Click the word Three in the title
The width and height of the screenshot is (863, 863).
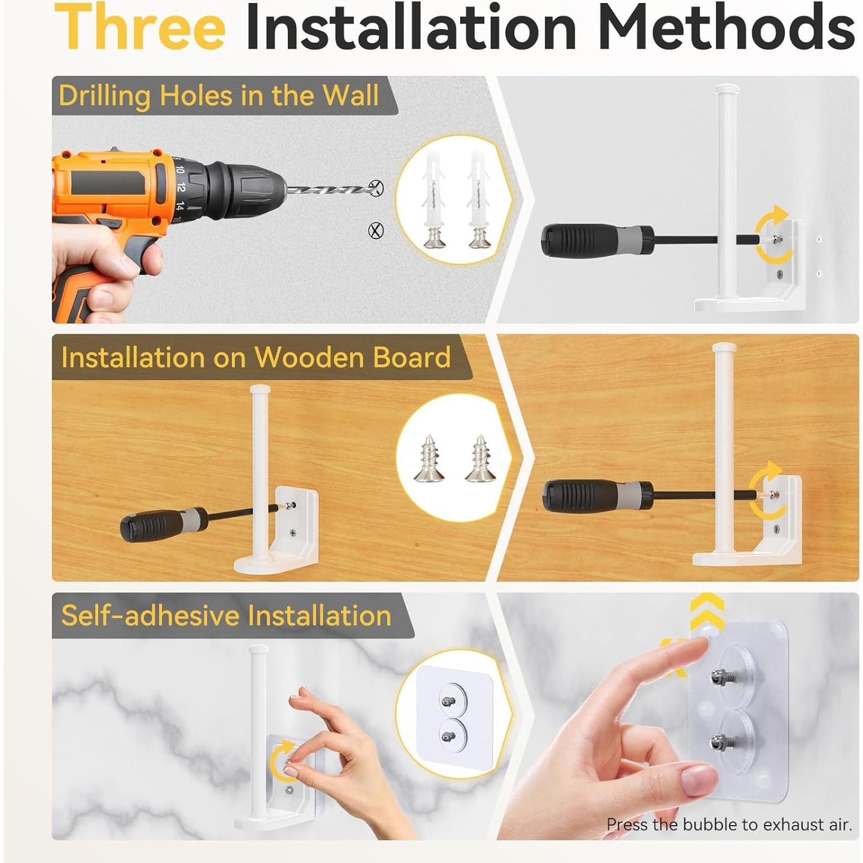point(140,27)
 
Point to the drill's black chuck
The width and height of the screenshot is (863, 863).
point(244,190)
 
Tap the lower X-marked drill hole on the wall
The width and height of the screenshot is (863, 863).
point(376,230)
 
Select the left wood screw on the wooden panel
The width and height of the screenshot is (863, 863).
point(428,458)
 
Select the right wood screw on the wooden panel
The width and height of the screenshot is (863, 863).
point(481,458)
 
